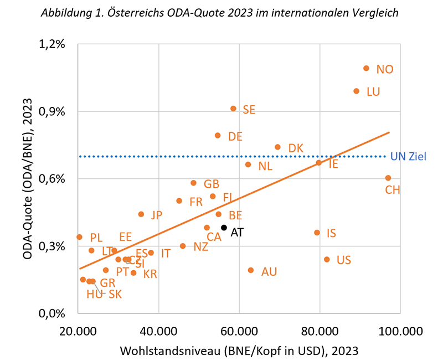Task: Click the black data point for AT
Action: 224,228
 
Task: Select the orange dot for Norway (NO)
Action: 366,68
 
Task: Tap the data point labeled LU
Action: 356,91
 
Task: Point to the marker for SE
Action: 233,109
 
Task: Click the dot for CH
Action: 388,178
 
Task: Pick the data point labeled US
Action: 327,259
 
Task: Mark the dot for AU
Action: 251,270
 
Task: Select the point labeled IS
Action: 317,233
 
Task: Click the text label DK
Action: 296,148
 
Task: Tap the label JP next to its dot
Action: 156,215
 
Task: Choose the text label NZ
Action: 201,247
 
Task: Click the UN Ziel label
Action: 408,157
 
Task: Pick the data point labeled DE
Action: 218,135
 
